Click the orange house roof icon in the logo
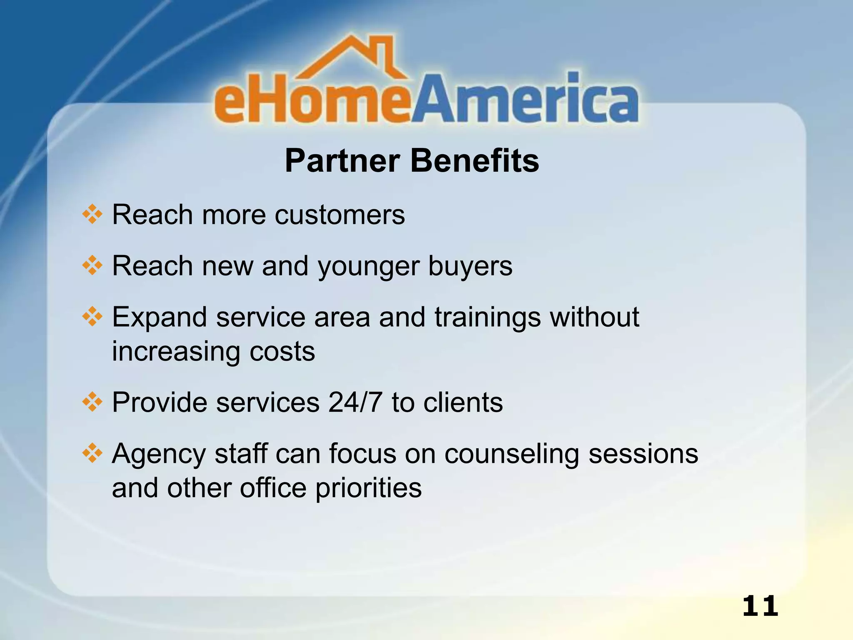354,58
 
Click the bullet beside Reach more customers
92,215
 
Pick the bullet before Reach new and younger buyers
92,266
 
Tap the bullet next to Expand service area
92,317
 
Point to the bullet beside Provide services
92,402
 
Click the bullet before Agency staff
92,454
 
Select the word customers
339,215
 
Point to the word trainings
487,318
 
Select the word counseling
511,454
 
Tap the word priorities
368,488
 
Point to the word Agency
159,454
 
